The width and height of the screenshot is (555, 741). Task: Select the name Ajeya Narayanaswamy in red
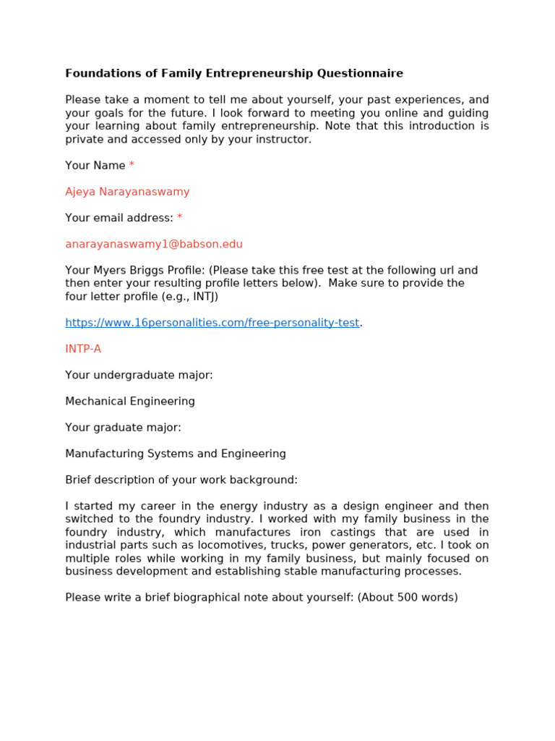pyautogui.click(x=127, y=192)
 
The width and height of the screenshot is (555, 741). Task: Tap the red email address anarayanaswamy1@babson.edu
pyautogui.click(x=154, y=244)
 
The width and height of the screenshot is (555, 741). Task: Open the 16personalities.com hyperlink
pyautogui.click(x=212, y=323)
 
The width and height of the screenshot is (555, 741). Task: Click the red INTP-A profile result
pyautogui.click(x=83, y=349)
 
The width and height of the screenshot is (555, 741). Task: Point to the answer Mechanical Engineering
pyautogui.click(x=130, y=401)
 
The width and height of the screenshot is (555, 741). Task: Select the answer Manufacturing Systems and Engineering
pyautogui.click(x=176, y=454)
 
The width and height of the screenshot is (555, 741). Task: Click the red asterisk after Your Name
pyautogui.click(x=132, y=166)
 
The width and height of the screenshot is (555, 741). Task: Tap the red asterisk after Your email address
pyautogui.click(x=180, y=218)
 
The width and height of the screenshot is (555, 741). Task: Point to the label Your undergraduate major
pyautogui.click(x=139, y=375)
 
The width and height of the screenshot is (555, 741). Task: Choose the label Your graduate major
pyautogui.click(x=123, y=427)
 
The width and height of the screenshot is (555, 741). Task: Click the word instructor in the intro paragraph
pyautogui.click(x=283, y=139)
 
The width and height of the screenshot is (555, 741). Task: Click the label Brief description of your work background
pyautogui.click(x=181, y=480)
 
